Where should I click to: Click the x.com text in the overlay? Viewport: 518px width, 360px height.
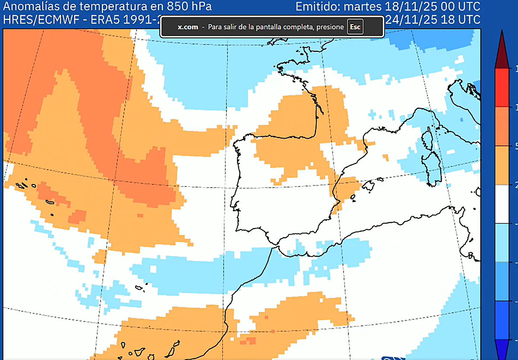[188, 27]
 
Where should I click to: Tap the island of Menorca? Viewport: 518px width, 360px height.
[380, 179]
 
